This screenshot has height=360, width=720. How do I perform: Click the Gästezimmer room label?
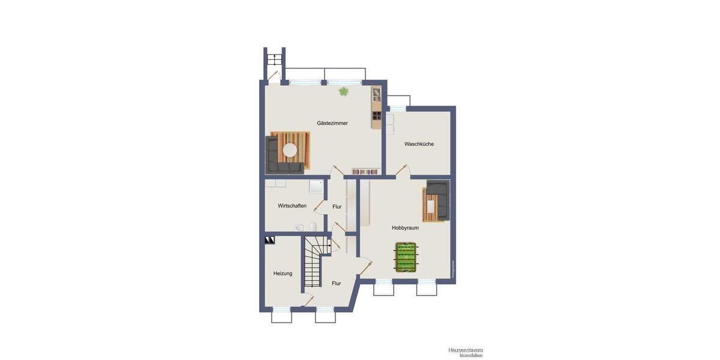(x=332, y=123)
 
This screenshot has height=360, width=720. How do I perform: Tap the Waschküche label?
(x=419, y=144)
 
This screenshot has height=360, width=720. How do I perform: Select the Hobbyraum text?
(x=405, y=228)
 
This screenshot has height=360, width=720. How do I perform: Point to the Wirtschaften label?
(x=292, y=206)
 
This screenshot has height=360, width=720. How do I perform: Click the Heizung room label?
(x=283, y=274)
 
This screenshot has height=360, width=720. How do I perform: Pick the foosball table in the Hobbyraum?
(x=406, y=257)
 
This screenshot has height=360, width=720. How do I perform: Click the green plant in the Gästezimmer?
(x=344, y=91)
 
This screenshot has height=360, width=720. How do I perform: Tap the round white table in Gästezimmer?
(x=290, y=150)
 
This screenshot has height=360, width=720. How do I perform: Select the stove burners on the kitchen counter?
(x=377, y=116)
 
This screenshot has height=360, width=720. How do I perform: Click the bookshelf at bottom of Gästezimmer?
(x=365, y=172)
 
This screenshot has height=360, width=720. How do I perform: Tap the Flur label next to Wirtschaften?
(x=337, y=206)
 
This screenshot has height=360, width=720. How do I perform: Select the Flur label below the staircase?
(x=337, y=283)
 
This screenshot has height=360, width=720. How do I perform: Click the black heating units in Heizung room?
(x=269, y=240)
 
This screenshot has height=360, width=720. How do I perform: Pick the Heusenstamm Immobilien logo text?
(x=465, y=352)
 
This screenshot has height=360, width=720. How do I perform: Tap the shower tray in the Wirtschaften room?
(x=316, y=187)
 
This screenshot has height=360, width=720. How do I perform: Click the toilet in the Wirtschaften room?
(x=299, y=227)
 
